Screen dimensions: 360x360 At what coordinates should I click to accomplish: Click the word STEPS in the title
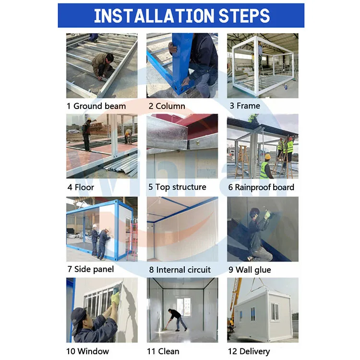[x=244, y=15]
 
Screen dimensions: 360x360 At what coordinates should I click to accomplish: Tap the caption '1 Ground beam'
[x=96, y=106]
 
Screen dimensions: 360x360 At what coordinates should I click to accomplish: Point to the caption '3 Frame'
[x=245, y=106]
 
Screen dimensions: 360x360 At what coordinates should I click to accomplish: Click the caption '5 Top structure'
[x=177, y=187]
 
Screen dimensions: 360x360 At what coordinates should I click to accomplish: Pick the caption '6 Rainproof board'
[x=261, y=187]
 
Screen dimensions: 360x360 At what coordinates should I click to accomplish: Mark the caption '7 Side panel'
[x=90, y=269]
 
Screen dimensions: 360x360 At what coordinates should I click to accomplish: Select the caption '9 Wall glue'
[x=250, y=270]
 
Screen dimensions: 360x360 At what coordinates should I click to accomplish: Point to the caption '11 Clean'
[x=163, y=351]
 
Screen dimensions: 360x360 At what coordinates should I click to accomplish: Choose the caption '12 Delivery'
[x=249, y=351]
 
